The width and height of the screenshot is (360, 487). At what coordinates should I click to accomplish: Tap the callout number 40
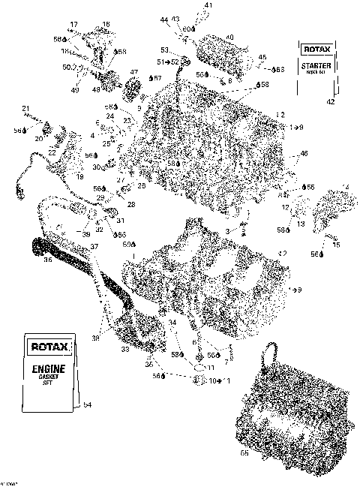pos(229,38)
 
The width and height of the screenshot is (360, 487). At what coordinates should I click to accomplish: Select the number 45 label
pos(262,57)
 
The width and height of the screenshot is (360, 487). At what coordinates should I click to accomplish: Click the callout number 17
pos(73,25)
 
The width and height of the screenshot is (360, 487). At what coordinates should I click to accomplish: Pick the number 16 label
pos(106,25)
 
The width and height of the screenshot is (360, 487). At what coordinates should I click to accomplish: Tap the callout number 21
pos(25,108)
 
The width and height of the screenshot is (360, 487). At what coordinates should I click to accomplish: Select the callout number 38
pos(95,338)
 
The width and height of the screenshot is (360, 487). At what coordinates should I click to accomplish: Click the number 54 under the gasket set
pos(88,405)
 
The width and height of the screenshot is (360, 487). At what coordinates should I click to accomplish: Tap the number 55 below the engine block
pos(264,454)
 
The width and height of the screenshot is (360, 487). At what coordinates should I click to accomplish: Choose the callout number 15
pos(336,245)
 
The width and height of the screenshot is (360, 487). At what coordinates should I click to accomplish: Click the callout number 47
pos(135,73)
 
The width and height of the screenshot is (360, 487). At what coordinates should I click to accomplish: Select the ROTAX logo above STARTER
pos(315,50)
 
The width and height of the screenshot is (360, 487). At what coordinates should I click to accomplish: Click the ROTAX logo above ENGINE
pos(49,347)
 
